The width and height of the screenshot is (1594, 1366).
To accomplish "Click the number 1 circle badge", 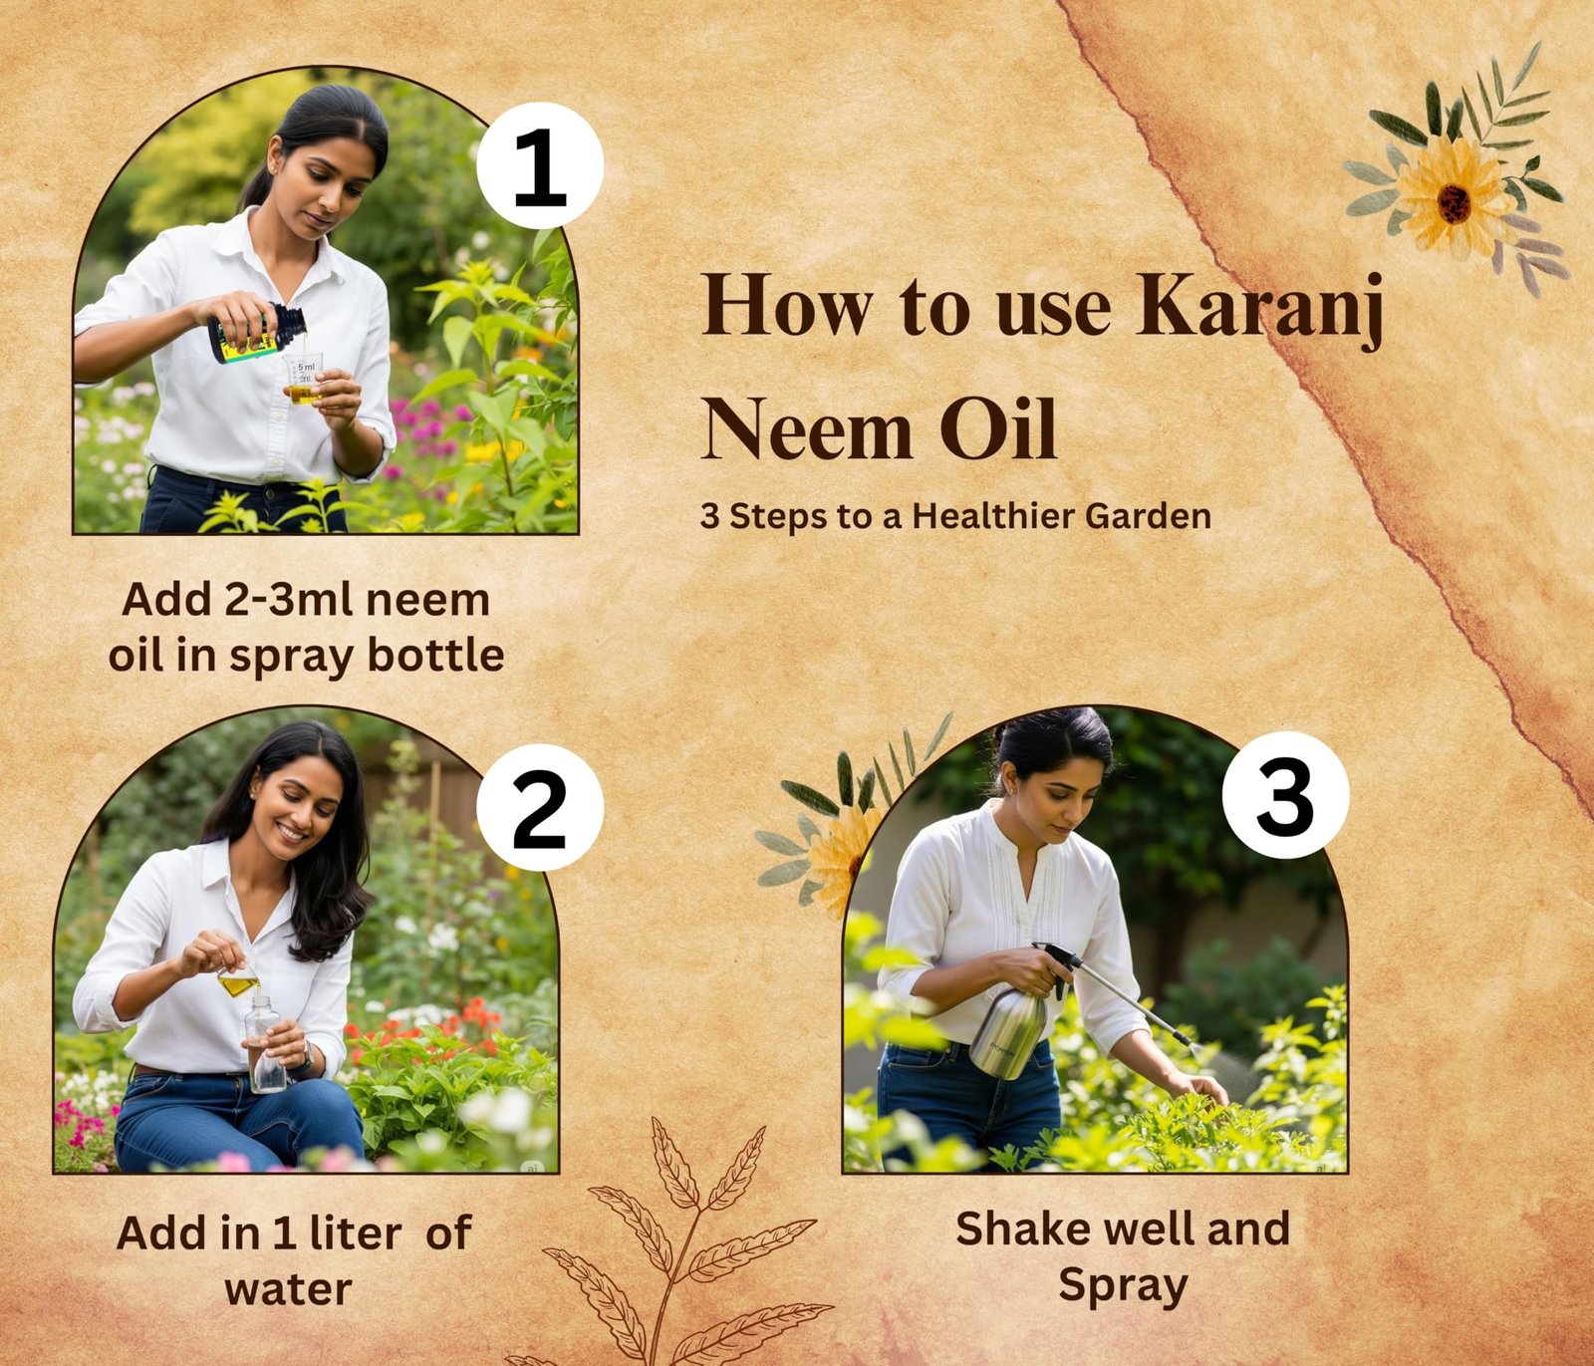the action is tap(540, 165).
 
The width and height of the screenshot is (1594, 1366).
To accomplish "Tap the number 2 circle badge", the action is tap(540, 808).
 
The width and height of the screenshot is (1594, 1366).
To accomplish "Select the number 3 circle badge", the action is tap(1285, 795).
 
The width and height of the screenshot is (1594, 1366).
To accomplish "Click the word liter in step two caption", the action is tap(356, 1232).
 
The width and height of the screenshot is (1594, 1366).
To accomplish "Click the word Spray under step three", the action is tap(1123, 1286).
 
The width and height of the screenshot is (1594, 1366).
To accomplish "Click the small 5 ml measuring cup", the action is tap(303, 379).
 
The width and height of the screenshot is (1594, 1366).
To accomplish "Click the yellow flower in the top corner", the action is tap(1454, 197).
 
